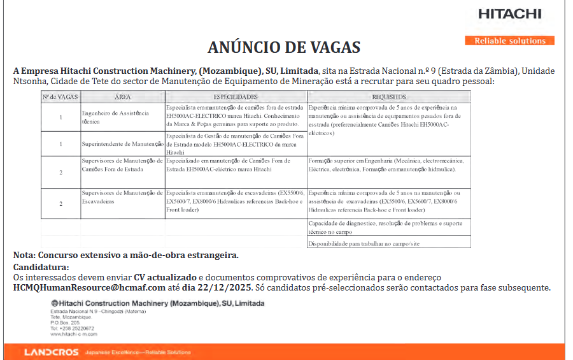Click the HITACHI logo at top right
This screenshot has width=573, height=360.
click(x=510, y=14)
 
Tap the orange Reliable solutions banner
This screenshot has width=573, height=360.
click(x=510, y=41)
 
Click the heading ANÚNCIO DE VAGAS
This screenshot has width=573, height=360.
click(x=284, y=48)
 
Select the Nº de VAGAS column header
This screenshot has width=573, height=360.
click(x=60, y=97)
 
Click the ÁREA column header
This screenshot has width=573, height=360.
click(x=123, y=97)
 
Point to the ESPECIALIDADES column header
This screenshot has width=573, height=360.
click(x=236, y=97)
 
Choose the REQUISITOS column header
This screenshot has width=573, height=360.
click(x=389, y=97)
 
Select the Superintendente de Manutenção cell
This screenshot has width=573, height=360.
click(x=123, y=145)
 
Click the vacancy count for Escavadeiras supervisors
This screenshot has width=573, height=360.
click(x=60, y=203)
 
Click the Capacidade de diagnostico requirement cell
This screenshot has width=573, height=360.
click(x=389, y=227)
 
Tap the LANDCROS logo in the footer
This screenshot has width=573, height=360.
click(x=52, y=352)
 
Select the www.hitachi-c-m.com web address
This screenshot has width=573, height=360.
click(x=74, y=333)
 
